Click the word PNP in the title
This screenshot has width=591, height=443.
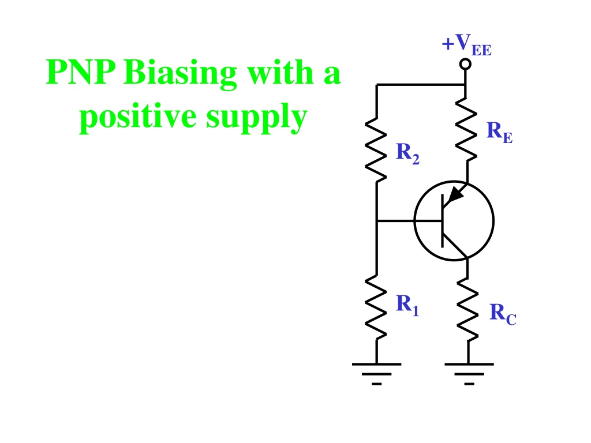[81, 72]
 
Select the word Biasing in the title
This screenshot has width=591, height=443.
[180, 74]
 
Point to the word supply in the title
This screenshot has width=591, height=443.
[257, 118]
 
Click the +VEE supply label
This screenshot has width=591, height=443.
[466, 45]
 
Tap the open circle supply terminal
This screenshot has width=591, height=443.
[466, 64]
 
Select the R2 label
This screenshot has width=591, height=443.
[408, 153]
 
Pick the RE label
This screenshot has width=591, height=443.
[499, 132]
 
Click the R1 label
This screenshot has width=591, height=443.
[407, 305]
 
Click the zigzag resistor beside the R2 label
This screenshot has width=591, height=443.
[376, 150]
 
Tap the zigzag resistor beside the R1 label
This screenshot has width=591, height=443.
[376, 307]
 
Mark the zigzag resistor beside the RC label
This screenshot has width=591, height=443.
[467, 310]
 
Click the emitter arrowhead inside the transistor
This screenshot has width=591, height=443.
[457, 193]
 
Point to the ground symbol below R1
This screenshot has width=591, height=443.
[376, 374]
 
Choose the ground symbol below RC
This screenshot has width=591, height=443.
[469, 374]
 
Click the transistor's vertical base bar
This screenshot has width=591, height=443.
[443, 221]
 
